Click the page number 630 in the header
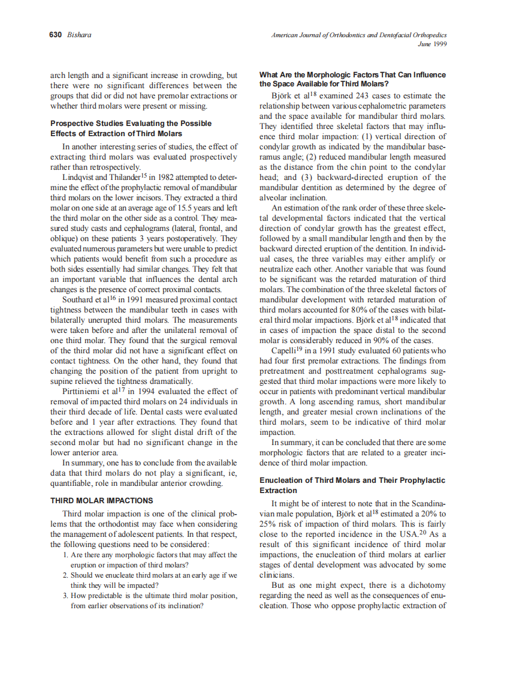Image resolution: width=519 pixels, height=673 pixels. point(56,35)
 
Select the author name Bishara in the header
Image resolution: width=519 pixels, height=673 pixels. point(79,35)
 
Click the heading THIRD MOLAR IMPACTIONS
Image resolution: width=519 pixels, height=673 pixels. point(101,500)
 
